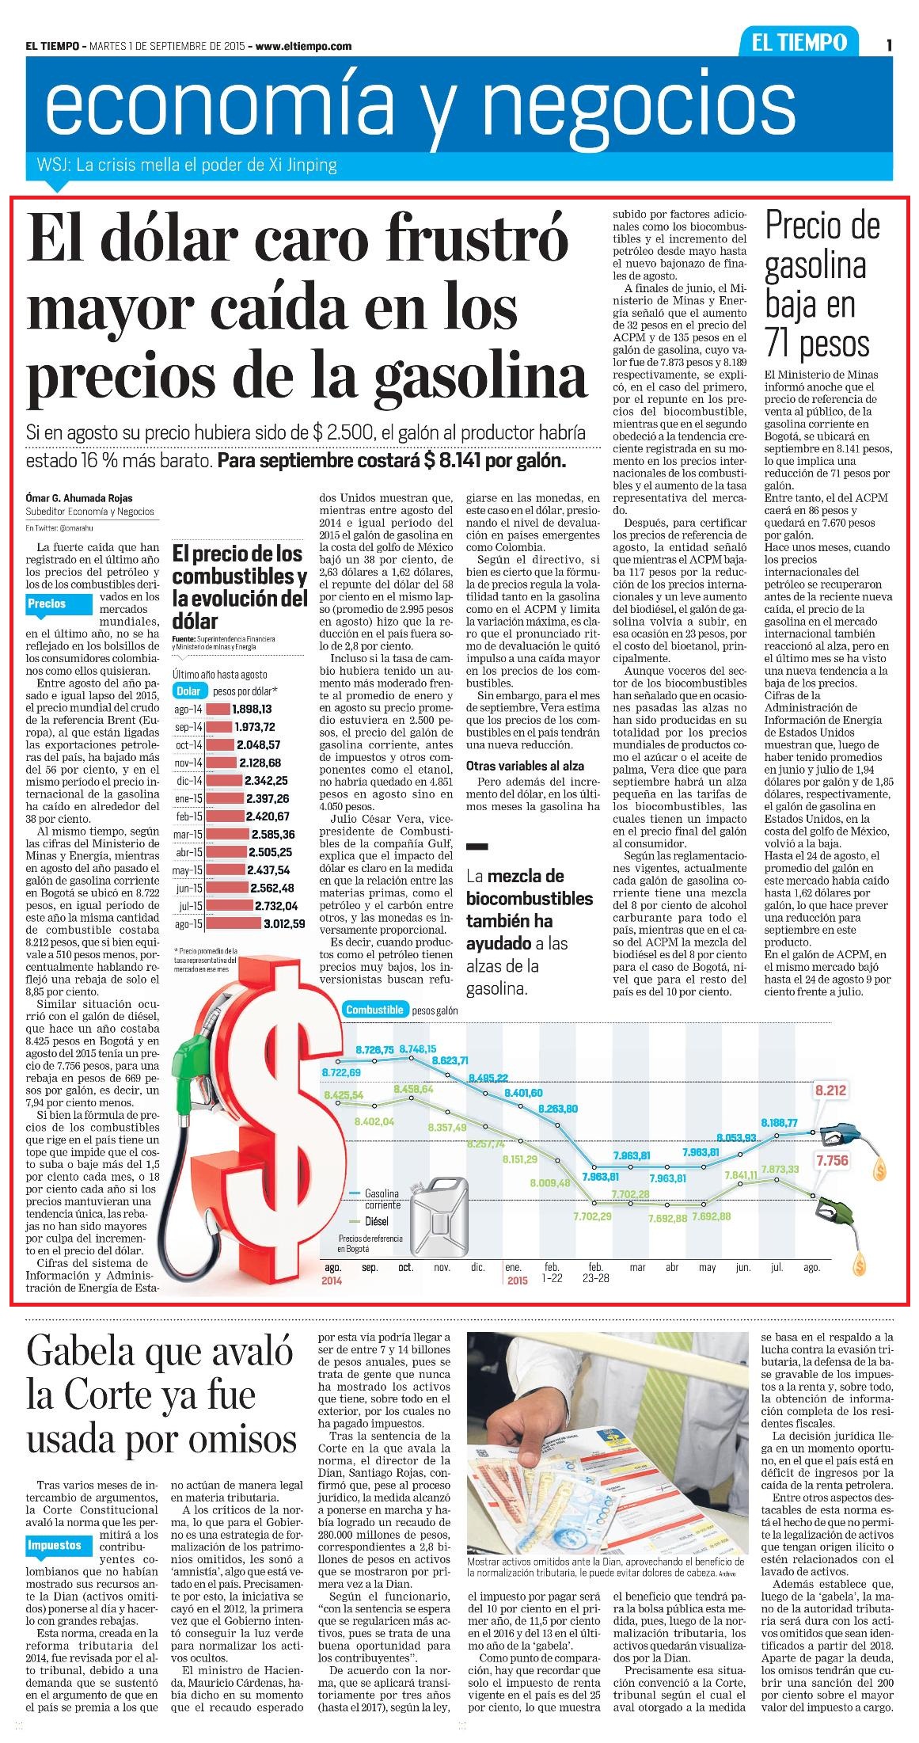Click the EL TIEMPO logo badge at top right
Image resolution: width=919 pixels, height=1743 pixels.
[x=800, y=43]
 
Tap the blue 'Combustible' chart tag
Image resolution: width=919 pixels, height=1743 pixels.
[x=374, y=1010]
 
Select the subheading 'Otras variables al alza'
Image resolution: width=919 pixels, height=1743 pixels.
[x=526, y=765]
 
